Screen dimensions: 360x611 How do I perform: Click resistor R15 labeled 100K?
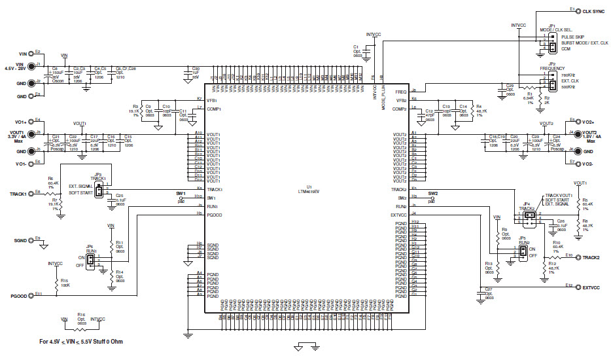(x=58, y=282)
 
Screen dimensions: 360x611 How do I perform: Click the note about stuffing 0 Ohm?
(x=80, y=342)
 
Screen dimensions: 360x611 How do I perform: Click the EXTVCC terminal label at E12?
(x=591, y=287)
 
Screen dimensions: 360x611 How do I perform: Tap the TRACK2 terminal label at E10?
(x=591, y=257)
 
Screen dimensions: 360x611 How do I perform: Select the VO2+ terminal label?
(x=587, y=122)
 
